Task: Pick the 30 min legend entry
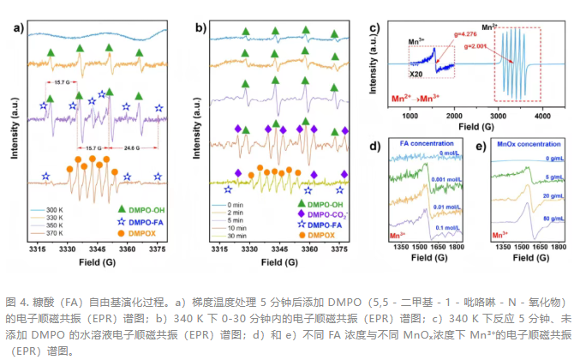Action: (241, 231)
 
